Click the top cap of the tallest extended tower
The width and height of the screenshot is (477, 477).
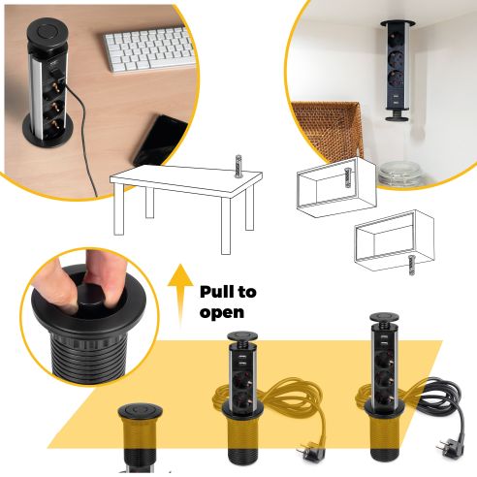click(379, 319)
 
